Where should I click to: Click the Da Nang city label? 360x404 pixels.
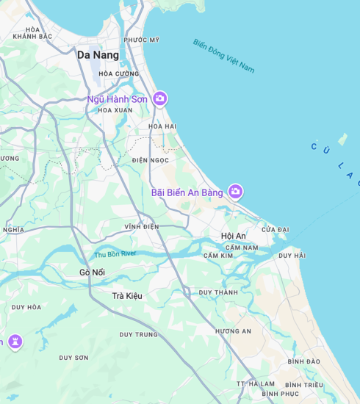98,54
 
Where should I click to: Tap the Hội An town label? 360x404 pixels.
234,236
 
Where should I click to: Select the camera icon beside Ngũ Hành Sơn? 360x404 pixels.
160,98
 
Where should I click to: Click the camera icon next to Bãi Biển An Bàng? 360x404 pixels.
235,192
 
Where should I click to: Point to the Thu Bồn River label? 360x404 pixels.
115,254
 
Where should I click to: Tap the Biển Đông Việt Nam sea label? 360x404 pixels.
223,55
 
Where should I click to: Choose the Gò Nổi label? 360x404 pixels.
93,273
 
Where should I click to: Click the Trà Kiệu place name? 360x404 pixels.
127,295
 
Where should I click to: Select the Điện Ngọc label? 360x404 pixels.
151,160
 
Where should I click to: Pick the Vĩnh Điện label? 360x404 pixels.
142,227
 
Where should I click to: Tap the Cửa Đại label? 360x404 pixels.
276,230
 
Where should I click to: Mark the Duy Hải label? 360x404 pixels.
292,256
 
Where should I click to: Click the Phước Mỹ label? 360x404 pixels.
141,40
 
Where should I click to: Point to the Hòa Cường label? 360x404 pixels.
119,73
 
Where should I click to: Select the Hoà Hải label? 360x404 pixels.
162,126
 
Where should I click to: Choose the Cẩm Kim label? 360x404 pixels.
217,256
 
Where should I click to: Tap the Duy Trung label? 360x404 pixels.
139,335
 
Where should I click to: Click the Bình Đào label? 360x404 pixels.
304,361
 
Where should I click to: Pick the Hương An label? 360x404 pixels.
233,331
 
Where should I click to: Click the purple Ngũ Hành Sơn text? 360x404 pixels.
118,99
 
